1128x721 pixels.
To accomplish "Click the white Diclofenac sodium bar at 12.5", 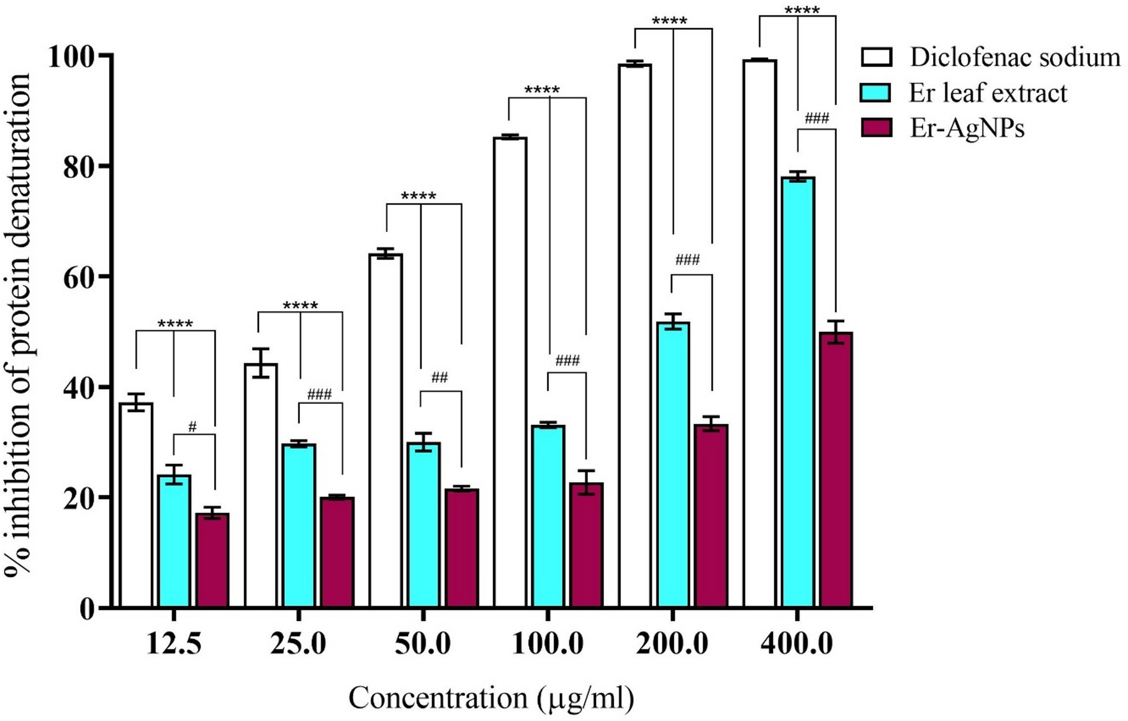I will (x=136, y=506).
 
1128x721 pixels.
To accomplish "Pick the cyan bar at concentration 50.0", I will (x=423, y=524).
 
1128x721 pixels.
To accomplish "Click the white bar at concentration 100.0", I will (x=510, y=372).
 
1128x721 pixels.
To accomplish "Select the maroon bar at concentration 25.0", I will (x=337, y=552).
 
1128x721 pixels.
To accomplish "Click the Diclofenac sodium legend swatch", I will (x=876, y=57).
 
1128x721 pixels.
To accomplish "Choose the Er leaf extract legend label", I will (x=988, y=93).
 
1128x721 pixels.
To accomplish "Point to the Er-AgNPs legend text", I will (x=967, y=128).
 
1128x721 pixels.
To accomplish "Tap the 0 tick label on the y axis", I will (x=86, y=608).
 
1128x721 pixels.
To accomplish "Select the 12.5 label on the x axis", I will (x=174, y=643).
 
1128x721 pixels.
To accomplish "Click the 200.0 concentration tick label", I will (x=672, y=643).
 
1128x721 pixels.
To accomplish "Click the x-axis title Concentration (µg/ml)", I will (x=491, y=698).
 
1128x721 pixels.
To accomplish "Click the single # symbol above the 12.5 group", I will (x=192, y=427).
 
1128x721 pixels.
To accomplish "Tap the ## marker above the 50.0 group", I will (x=440, y=377).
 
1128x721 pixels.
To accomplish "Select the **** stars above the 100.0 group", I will (x=542, y=91).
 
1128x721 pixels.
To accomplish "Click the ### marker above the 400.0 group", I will (x=816, y=119).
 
